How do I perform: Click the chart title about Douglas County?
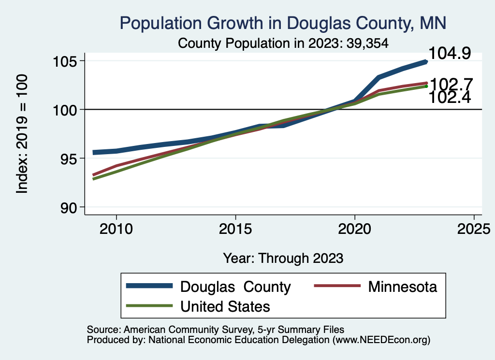pyautogui.click(x=283, y=23)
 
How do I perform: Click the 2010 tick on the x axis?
pyautogui.click(x=116, y=228)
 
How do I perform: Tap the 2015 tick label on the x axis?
pyautogui.click(x=235, y=228)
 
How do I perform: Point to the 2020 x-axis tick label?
pyautogui.click(x=355, y=228)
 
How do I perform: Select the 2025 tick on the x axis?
pyautogui.click(x=474, y=228)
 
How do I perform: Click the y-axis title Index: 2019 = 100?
pyautogui.click(x=22, y=134)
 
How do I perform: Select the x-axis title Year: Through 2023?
pyautogui.click(x=283, y=258)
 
